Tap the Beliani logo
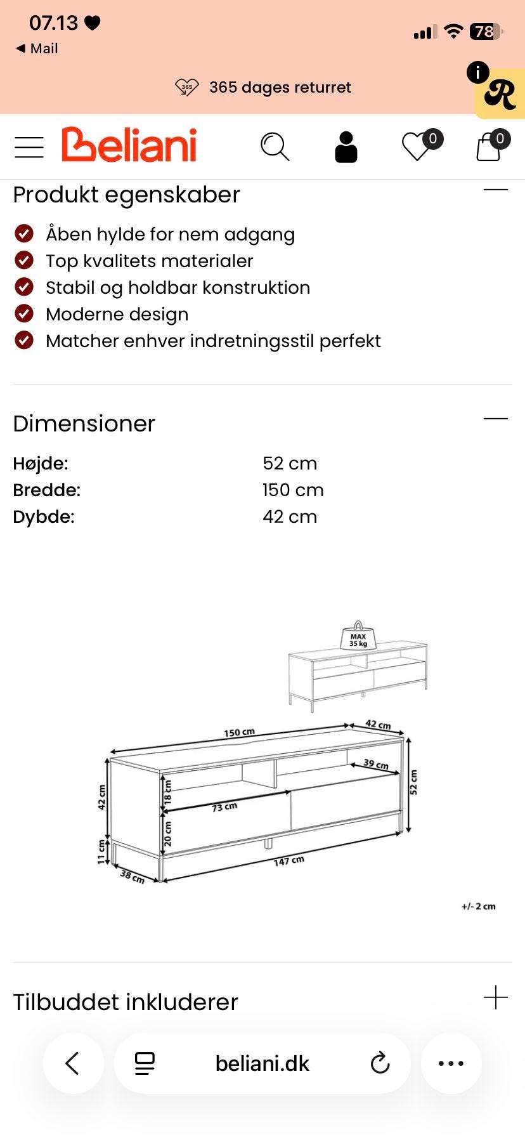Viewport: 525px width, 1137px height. (x=129, y=145)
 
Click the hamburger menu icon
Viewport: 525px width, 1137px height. (x=29, y=147)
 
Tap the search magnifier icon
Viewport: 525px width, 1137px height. (x=275, y=147)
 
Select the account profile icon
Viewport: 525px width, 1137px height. (x=346, y=147)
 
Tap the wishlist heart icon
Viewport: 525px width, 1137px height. (x=417, y=147)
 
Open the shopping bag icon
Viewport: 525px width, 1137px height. (x=489, y=147)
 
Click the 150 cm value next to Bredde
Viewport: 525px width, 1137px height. (x=293, y=490)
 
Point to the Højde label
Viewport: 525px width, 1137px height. (x=41, y=463)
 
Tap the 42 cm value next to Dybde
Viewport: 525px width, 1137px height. (x=290, y=516)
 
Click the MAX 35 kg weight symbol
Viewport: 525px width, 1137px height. (x=358, y=637)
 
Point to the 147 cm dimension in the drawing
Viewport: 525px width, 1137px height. (x=288, y=861)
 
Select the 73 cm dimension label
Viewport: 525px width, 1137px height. (x=224, y=807)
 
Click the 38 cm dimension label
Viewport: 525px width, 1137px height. (x=133, y=877)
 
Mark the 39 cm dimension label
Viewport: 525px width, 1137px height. (x=376, y=764)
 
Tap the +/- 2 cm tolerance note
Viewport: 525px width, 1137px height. (x=479, y=906)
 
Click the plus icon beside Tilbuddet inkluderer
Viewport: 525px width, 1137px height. (x=496, y=997)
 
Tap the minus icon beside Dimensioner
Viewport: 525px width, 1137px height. (x=496, y=419)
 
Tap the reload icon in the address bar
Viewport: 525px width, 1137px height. (x=380, y=1063)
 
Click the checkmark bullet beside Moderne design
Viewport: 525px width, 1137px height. (x=24, y=313)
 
